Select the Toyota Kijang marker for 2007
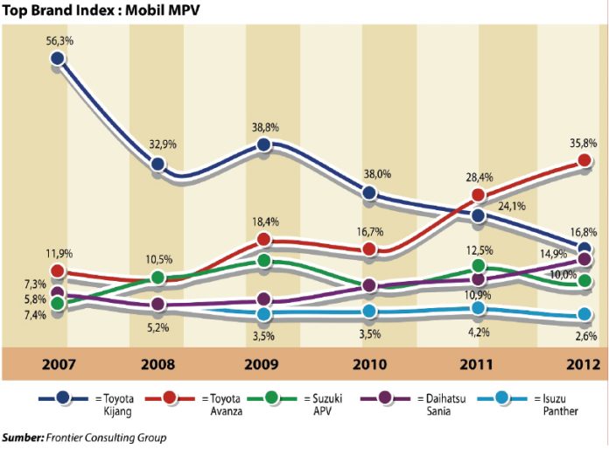click(x=57, y=59)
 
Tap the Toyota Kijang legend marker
click(x=64, y=398)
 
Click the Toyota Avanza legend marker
click(x=182, y=398)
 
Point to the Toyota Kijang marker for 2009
click(x=263, y=146)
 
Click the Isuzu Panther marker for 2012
click(x=583, y=316)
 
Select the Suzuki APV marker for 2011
click(x=478, y=265)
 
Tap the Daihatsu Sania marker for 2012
click(x=583, y=260)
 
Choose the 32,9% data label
click(x=161, y=144)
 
